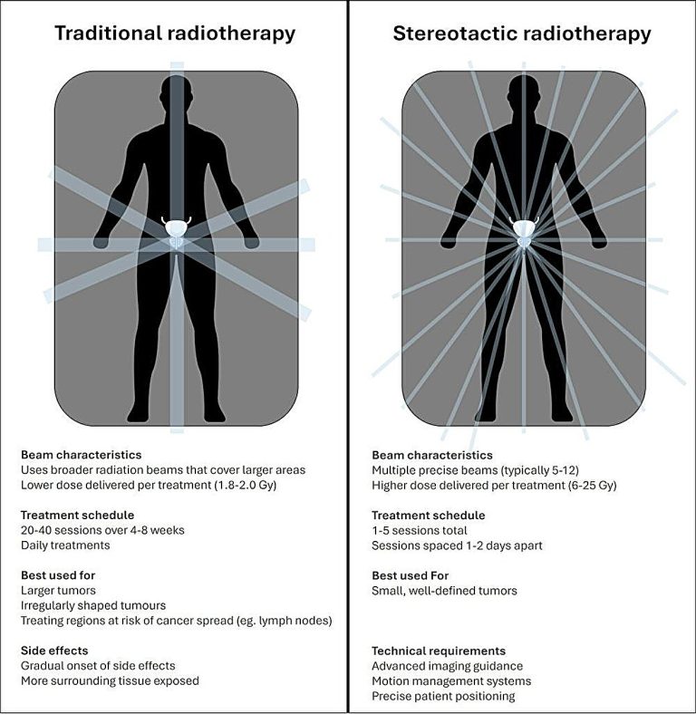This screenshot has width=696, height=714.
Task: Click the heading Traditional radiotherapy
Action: tap(175, 34)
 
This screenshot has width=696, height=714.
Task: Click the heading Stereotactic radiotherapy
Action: tap(522, 34)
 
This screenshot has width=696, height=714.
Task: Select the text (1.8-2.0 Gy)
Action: tap(245, 485)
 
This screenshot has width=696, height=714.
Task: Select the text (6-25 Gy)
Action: tap(592, 486)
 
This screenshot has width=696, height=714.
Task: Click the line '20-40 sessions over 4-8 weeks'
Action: tap(102, 530)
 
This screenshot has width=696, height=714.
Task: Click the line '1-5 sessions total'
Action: tap(419, 530)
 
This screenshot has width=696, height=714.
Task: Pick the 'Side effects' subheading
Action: tap(54, 651)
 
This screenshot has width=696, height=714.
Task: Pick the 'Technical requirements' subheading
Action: tap(439, 651)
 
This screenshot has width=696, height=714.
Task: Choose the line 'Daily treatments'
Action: tap(65, 545)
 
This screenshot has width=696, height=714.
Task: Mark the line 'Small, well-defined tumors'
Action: tap(444, 591)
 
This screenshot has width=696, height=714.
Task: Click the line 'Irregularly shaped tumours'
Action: tap(93, 605)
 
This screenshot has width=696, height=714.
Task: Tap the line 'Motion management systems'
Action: tap(451, 681)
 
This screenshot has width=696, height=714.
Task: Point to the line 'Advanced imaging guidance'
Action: tap(448, 666)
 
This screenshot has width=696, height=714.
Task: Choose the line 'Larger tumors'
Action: tap(58, 591)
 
